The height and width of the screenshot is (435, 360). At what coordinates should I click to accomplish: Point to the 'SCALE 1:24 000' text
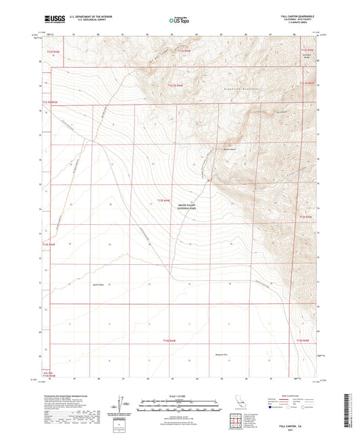(180, 395)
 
